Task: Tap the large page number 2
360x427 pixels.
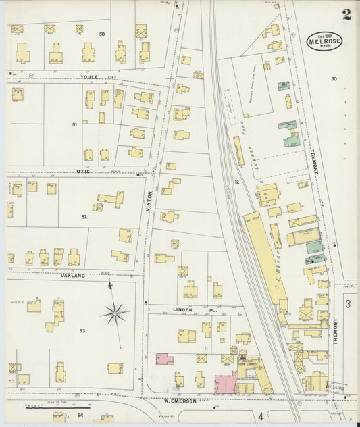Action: pyautogui.click(x=346, y=16)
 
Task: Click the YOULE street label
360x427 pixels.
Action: pyautogui.click(x=89, y=77)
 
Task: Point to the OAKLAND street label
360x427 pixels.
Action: pyautogui.click(x=73, y=276)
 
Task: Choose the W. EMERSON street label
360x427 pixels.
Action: pyautogui.click(x=180, y=401)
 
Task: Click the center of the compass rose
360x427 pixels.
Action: pyautogui.click(x=115, y=313)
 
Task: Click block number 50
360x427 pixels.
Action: pyautogui.click(x=102, y=34)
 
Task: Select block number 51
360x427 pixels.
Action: pyautogui.click(x=74, y=125)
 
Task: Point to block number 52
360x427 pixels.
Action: pyautogui.click(x=84, y=217)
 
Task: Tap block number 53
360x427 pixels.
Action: pyautogui.click(x=82, y=331)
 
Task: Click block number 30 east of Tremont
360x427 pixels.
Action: pyautogui.click(x=334, y=79)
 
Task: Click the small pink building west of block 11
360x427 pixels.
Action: pyautogui.click(x=164, y=359)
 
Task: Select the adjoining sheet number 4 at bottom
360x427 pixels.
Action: pyautogui.click(x=260, y=415)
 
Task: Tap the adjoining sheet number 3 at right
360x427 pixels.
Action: pyautogui.click(x=349, y=305)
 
